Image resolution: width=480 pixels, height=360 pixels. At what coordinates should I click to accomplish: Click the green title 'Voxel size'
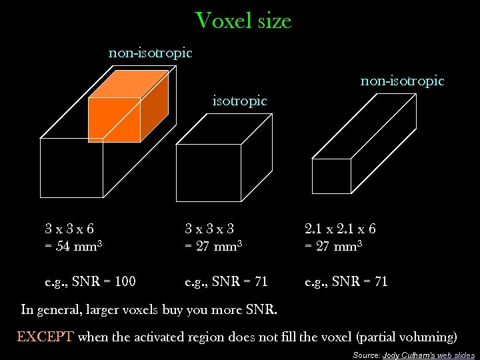243,21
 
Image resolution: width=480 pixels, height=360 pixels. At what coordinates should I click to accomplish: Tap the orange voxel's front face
115,120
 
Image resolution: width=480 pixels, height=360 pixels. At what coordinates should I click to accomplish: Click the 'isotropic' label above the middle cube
239,101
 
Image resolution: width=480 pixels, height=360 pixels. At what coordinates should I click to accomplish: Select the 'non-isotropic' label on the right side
402,81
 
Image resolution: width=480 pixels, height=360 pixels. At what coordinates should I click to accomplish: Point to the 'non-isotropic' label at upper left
150,52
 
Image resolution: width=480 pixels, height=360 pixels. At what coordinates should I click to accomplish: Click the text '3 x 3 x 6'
69,229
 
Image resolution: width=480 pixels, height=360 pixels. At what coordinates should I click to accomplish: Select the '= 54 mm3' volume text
73,246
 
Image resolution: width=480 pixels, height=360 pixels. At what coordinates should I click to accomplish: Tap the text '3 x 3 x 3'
209,229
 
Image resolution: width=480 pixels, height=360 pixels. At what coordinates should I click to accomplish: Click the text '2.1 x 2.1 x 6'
340,229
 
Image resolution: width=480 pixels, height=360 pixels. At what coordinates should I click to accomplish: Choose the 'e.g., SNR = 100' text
90,281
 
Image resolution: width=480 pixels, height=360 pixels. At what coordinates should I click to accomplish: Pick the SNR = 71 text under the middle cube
226,281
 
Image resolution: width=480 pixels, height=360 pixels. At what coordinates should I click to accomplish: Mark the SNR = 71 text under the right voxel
346,281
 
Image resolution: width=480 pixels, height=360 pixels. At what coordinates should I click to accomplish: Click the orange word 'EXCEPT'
45,337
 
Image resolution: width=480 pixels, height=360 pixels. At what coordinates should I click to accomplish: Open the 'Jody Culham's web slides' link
429,355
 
